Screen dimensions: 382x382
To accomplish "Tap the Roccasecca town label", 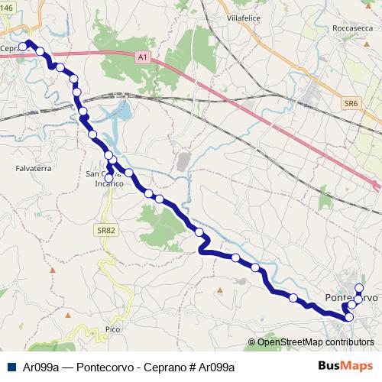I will click(x=353, y=28).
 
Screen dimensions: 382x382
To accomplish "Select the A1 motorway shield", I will click(x=143, y=57).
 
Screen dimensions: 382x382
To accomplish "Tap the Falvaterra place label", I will click(x=33, y=167).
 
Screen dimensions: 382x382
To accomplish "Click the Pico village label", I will click(x=113, y=329).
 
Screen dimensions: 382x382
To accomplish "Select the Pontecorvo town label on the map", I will click(x=351, y=297).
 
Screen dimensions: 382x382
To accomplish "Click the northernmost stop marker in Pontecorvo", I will click(x=359, y=288).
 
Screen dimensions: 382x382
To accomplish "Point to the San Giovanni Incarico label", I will click(x=108, y=178).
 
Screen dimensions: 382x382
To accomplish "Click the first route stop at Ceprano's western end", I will click(x=22, y=47).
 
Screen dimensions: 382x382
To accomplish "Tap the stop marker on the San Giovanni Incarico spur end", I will click(x=110, y=178).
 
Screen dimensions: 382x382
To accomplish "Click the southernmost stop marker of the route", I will click(x=349, y=317).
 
